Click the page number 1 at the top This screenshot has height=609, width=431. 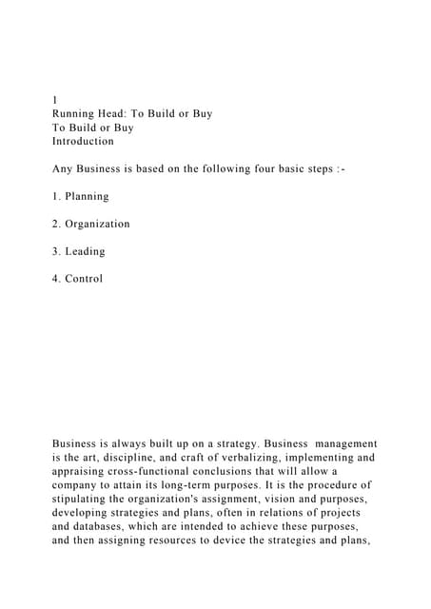[54, 99]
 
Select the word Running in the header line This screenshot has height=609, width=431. [75, 113]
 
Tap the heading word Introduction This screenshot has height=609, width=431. [83, 141]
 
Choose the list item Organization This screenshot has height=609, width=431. [97, 224]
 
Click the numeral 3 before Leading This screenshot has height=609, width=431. [55, 251]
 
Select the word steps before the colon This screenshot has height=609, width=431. [329, 168]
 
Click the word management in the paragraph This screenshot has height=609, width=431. [340, 443]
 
